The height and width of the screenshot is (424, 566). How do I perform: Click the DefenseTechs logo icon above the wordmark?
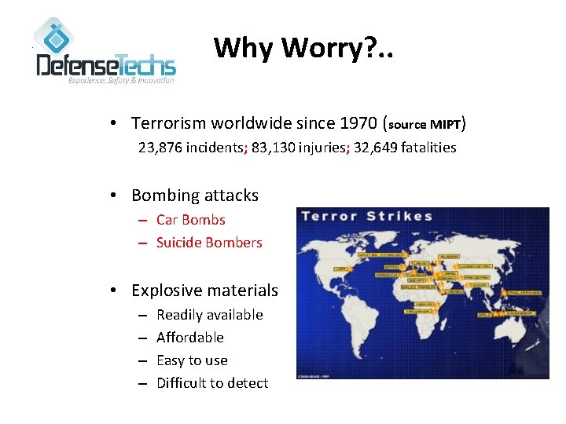[x=53, y=35]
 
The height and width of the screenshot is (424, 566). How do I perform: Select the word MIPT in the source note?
[x=445, y=124]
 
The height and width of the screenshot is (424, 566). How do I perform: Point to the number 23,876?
[x=160, y=147]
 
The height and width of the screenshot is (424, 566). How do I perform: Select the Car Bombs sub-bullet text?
[x=190, y=220]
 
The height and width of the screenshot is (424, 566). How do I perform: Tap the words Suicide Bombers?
[x=208, y=243]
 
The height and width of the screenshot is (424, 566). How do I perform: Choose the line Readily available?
[x=209, y=315]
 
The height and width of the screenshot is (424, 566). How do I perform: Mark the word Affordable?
[x=189, y=338]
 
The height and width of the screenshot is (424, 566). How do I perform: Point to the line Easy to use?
[x=192, y=360]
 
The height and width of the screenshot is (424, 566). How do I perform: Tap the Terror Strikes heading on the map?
[x=367, y=217]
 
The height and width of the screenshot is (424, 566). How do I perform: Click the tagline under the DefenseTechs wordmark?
[x=120, y=80]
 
